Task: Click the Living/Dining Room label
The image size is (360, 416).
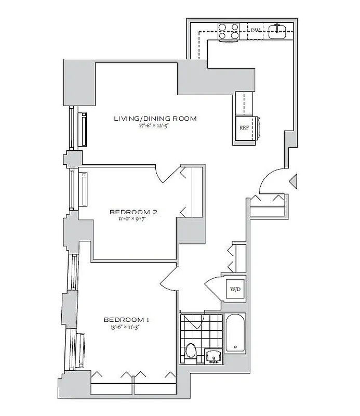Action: point(155,119)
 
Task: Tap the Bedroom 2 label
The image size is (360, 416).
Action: point(134,212)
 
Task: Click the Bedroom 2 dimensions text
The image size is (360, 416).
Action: point(134,219)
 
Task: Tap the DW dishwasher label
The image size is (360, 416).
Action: point(255,31)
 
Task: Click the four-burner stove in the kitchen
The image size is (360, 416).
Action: point(228,31)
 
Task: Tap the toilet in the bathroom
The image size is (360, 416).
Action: point(191,352)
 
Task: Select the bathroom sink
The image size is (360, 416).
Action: point(214,357)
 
